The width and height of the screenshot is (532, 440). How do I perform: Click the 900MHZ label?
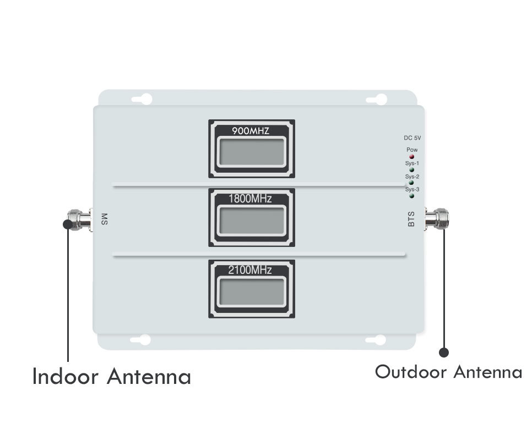point(251,131)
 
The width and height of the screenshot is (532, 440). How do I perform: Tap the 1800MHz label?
point(251,199)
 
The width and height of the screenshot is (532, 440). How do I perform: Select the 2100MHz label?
point(250,270)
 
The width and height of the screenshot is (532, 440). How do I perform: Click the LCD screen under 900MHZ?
point(252,151)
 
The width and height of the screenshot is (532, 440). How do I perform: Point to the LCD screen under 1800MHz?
point(252,221)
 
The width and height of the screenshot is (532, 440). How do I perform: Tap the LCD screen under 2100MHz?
point(252,291)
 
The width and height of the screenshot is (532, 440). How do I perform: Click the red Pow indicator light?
point(411,157)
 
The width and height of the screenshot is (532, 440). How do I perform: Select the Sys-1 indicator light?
point(411,170)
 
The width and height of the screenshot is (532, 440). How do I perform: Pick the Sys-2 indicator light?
point(411,183)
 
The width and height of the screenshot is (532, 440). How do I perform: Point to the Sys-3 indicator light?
point(411,196)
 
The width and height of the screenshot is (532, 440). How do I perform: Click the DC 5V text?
point(412,138)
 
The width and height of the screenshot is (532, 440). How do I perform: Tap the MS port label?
point(104,219)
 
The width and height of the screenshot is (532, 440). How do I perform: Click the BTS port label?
point(411,219)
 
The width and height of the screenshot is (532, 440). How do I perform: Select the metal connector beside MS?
point(80,219)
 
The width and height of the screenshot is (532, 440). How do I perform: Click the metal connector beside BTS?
point(437,218)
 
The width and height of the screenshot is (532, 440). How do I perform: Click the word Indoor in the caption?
point(66,376)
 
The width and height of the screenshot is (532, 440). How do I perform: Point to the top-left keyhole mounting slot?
point(142,99)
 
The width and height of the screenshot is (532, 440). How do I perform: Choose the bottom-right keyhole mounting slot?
point(376,340)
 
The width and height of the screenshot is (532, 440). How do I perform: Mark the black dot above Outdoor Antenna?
point(444,353)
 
